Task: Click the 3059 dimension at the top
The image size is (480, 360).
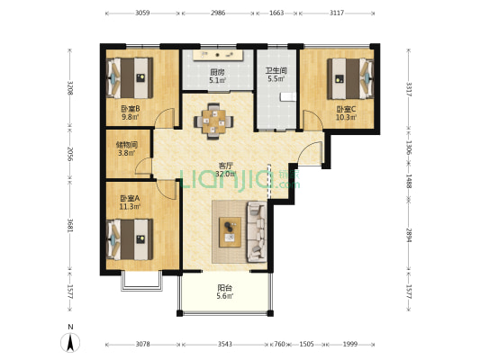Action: click(x=142, y=13)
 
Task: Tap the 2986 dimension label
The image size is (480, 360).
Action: click(x=218, y=13)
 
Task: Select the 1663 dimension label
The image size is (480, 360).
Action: click(x=276, y=13)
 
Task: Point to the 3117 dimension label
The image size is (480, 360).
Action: click(x=337, y=13)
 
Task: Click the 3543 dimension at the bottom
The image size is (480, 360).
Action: click(x=225, y=344)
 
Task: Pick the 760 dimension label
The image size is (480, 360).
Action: click(x=279, y=344)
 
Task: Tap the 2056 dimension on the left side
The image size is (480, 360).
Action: click(x=70, y=155)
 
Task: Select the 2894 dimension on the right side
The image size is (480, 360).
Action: click(x=409, y=235)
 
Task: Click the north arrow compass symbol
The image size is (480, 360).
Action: click(x=70, y=342)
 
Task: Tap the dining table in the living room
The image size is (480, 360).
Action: click(x=213, y=121)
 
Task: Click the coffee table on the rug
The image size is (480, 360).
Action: click(x=230, y=232)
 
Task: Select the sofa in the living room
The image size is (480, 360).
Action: click(x=257, y=231)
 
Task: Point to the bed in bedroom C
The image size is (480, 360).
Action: click(x=350, y=78)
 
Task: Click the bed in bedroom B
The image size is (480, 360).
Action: click(x=130, y=78)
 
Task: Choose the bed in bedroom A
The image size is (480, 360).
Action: click(x=130, y=239)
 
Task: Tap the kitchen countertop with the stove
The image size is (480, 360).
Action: click(x=218, y=56)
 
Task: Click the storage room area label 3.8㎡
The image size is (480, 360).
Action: click(x=127, y=153)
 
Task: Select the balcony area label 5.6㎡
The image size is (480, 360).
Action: click(x=225, y=296)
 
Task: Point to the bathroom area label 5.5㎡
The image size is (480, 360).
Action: click(x=276, y=78)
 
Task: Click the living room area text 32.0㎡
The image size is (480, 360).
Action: click(x=226, y=174)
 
